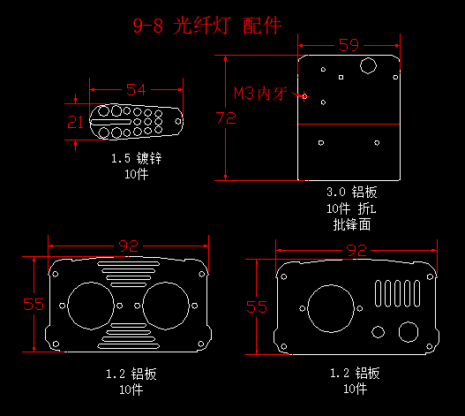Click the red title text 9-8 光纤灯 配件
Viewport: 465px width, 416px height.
[x=207, y=26]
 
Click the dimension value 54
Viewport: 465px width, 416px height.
[x=136, y=90]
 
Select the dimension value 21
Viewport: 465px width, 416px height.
[x=75, y=122]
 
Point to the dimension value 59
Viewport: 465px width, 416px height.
[x=349, y=45]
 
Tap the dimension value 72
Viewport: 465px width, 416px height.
[x=226, y=117]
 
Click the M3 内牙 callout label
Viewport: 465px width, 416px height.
[x=260, y=94]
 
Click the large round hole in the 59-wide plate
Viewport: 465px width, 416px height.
[x=368, y=65]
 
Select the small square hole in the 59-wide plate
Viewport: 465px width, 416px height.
[x=341, y=77]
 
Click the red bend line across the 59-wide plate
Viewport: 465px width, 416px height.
[x=349, y=124]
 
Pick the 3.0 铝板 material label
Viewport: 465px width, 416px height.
[x=352, y=193]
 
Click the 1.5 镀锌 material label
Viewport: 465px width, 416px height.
[x=137, y=158]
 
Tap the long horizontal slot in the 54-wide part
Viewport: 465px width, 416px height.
[x=110, y=122]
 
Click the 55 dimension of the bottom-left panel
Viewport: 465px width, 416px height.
[x=34, y=305]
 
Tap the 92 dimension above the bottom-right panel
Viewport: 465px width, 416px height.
[x=356, y=250]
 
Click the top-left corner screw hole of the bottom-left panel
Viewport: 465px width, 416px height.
[x=56, y=274]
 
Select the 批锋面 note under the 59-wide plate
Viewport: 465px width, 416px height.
[x=352, y=224]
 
